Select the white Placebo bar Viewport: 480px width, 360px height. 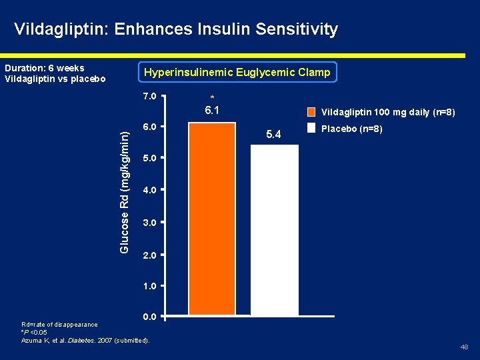(274, 229)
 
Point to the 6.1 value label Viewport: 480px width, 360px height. (212, 111)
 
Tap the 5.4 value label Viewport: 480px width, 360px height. (274, 135)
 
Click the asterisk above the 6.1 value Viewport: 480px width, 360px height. (212, 98)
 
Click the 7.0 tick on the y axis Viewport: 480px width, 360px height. (149, 96)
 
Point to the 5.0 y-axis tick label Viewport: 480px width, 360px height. (149, 159)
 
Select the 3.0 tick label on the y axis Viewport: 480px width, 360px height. (149, 222)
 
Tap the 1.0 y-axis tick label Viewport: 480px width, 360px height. (149, 285)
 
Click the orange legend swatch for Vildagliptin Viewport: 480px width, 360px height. (312, 113)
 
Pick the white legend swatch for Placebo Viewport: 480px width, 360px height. (312, 128)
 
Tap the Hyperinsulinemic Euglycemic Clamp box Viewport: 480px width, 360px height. (237, 72)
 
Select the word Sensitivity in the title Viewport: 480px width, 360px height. (297, 29)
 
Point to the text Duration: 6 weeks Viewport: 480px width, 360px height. (45, 68)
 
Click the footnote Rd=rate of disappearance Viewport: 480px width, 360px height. (59, 325)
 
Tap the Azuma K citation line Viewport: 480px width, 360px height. (85, 341)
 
